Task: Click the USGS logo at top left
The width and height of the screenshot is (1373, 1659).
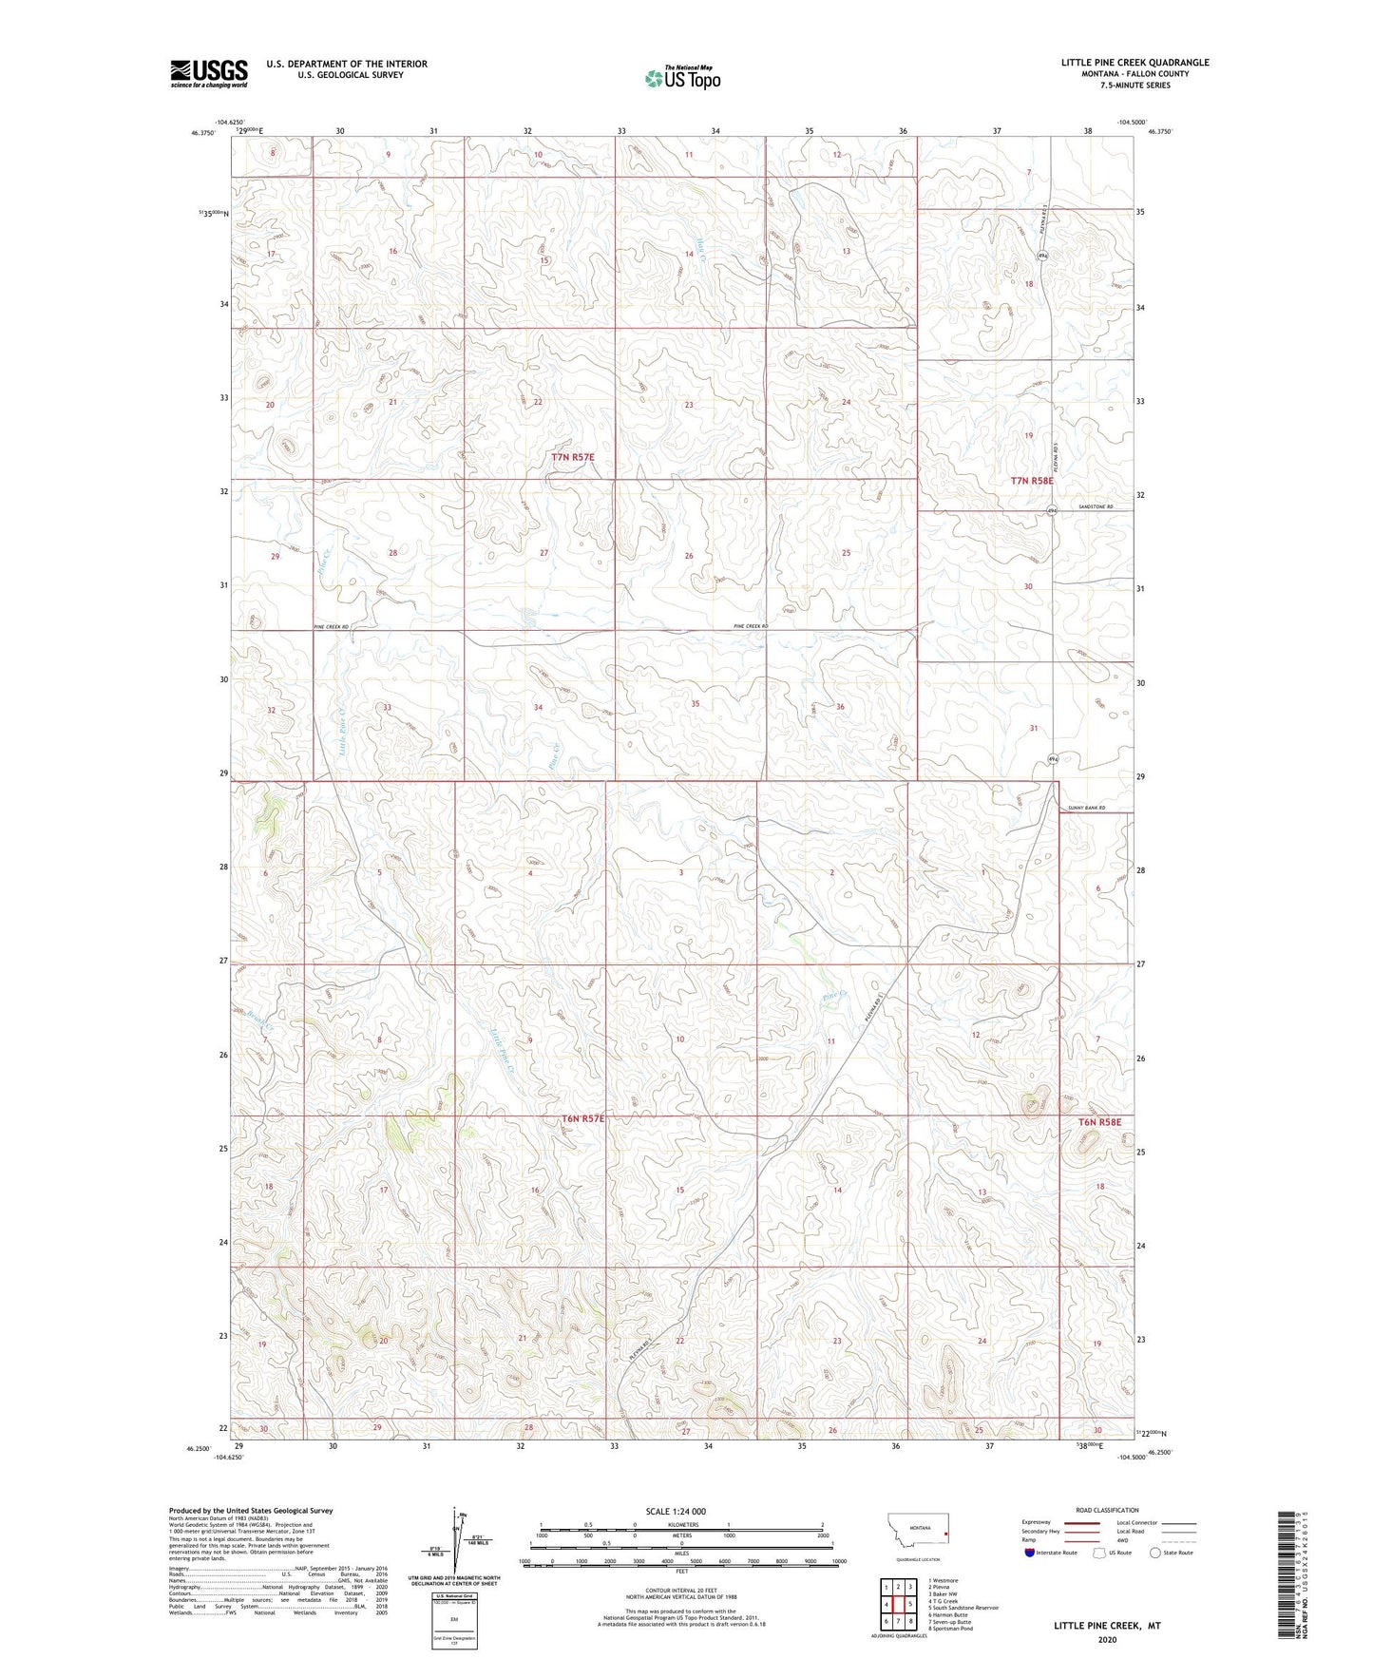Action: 208,73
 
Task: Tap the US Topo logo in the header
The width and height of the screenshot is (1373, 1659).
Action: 681,78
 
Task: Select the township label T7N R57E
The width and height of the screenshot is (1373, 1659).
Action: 573,457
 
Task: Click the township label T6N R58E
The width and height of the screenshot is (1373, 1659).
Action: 1099,1122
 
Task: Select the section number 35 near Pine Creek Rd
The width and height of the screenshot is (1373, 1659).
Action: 696,704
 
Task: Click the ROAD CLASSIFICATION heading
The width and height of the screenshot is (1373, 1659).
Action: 1107,1510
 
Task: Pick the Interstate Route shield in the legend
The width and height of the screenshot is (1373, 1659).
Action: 1030,1554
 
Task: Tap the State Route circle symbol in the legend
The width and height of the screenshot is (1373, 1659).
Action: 1155,1554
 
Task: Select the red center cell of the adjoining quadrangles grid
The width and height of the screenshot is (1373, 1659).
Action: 898,1604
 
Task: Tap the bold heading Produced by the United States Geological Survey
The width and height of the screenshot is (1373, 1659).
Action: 251,1511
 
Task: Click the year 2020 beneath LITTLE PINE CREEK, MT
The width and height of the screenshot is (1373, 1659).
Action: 1107,1639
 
